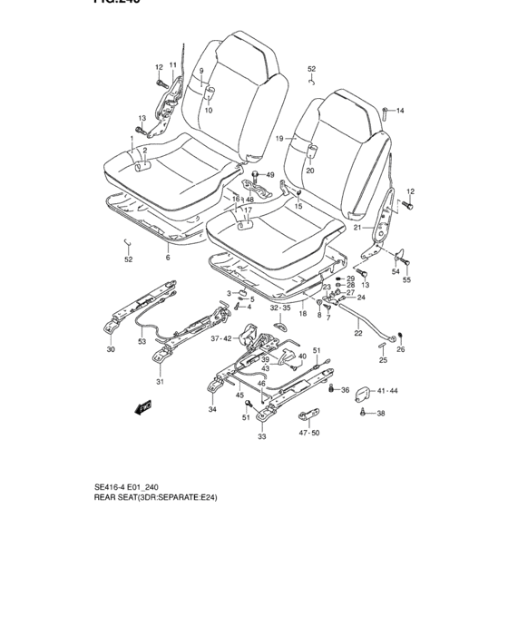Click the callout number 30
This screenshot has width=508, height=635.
(111, 349)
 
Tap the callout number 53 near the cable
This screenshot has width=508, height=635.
(141, 342)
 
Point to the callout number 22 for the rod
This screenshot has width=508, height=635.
(357, 333)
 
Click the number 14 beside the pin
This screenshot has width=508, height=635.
(400, 111)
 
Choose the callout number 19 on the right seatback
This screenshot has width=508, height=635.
(279, 138)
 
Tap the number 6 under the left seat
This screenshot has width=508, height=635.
(167, 258)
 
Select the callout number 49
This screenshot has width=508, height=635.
(269, 174)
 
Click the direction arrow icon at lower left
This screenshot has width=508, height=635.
(142, 407)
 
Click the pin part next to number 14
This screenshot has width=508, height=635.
(386, 112)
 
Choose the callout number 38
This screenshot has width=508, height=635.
(381, 414)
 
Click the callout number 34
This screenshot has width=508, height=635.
(212, 410)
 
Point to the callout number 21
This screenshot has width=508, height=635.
(357, 228)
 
